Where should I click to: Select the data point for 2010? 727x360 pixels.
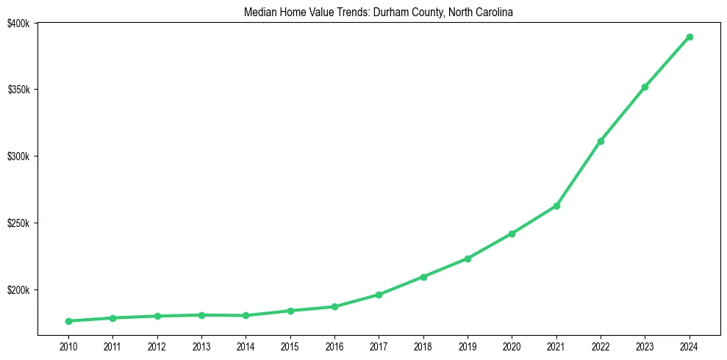[68, 321]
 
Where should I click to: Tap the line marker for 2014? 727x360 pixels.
[246, 316]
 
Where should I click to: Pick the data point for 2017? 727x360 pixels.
[379, 295]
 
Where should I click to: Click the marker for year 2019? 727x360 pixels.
[468, 259]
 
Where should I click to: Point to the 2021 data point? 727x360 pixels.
[556, 206]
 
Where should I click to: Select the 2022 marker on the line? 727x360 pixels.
[601, 141]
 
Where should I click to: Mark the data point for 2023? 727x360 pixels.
[645, 87]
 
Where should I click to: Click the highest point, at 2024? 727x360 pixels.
[690, 37]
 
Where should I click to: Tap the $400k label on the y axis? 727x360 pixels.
[18, 24]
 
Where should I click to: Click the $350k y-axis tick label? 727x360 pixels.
[18, 90]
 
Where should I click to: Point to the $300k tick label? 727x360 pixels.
[18, 156]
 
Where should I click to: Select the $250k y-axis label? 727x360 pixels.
[18, 223]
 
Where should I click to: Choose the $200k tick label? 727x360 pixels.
[18, 290]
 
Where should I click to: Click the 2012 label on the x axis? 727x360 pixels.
[157, 346]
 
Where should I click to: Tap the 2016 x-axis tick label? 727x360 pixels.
[334, 346]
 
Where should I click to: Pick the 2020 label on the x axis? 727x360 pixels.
[512, 346]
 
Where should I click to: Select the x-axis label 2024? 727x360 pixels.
[690, 346]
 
